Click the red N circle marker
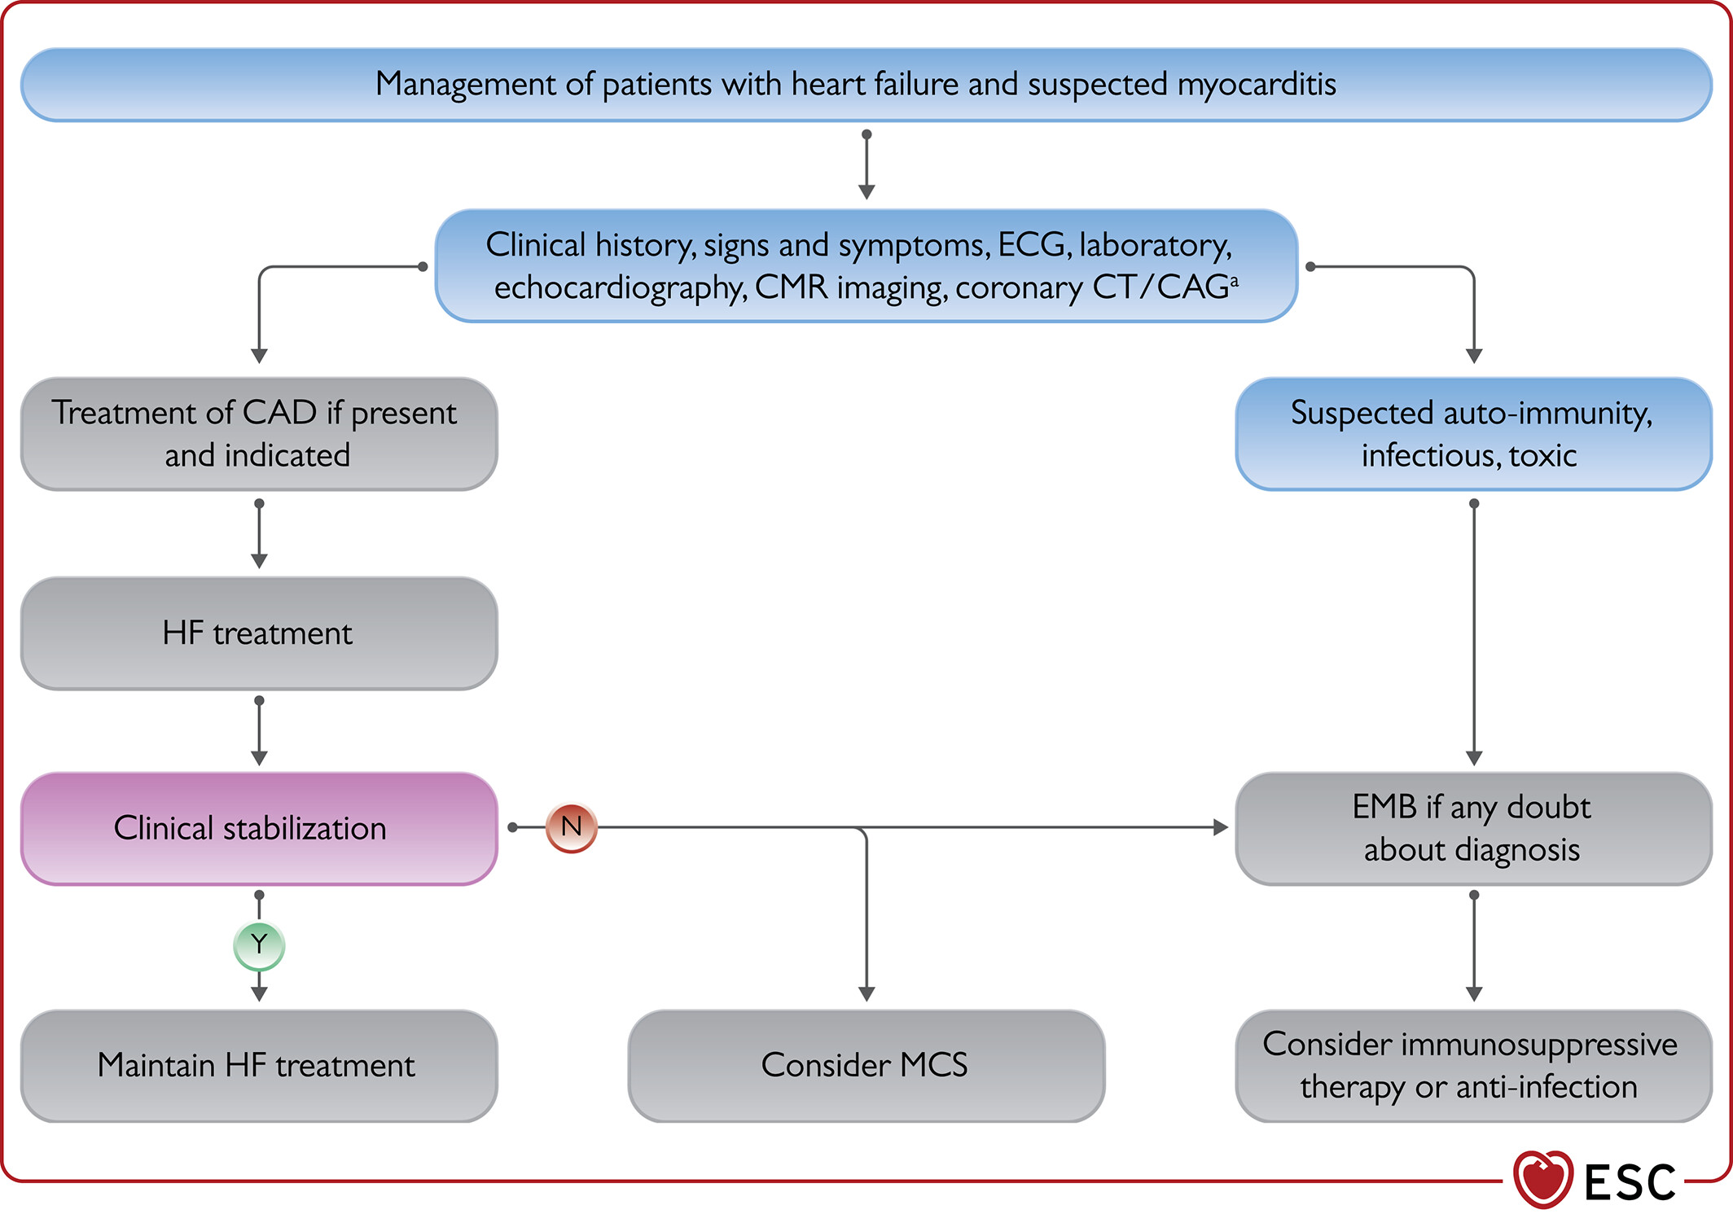pos(571,827)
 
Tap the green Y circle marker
pos(259,945)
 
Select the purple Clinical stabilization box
pos(259,829)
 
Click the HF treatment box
pos(259,633)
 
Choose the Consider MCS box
pos(866,1066)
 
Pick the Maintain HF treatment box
pos(259,1066)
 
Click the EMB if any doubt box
pos(1474,829)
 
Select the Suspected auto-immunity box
pos(1474,434)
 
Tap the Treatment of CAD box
pos(259,434)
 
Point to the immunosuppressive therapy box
pos(1474,1066)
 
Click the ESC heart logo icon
pos(1542,1179)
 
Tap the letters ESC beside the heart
pos(1630,1182)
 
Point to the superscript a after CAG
pos(1235,280)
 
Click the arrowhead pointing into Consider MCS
pos(866,994)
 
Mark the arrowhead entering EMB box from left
pos(1221,827)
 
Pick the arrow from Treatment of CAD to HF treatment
pos(259,534)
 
